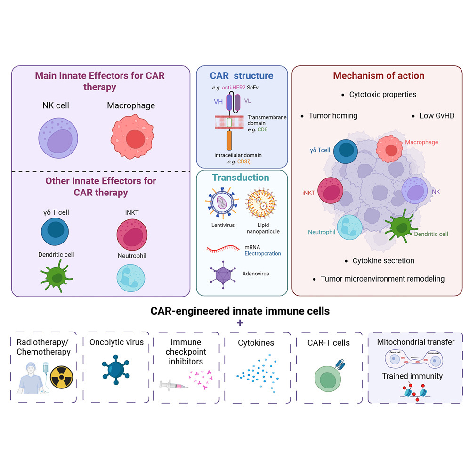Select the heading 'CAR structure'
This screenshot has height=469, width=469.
pos(241,75)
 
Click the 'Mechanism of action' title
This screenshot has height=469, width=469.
pos(379,75)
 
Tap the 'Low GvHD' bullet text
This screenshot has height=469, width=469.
pos(437,115)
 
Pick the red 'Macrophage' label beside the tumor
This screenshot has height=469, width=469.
pos(421,142)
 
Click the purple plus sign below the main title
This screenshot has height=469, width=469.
pos(240,323)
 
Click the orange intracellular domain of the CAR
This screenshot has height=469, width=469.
pos(229,140)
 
